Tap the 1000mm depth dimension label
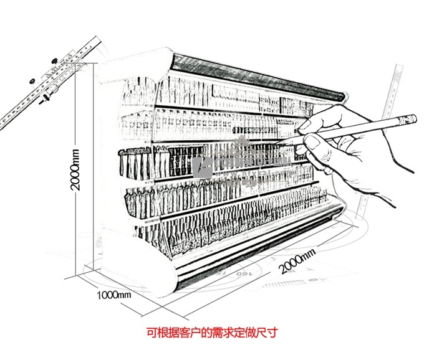click(x=114, y=295)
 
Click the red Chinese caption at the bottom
click(x=212, y=333)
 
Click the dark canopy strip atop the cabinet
click(x=256, y=75)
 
